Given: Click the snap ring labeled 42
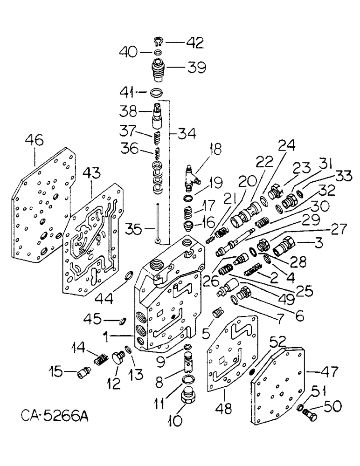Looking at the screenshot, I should click(x=159, y=43).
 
